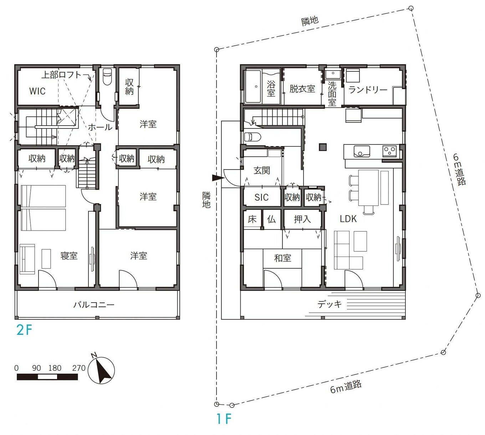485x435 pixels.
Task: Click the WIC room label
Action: (x=37, y=91)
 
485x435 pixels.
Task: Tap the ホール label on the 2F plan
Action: (x=100, y=127)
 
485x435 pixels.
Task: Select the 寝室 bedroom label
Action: (x=69, y=256)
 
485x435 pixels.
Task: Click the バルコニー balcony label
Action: (x=94, y=305)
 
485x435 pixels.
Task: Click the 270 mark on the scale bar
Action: (x=79, y=368)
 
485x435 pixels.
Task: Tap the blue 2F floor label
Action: (x=24, y=330)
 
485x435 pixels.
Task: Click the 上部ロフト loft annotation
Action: (x=62, y=75)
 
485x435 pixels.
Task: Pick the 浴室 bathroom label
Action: (x=271, y=88)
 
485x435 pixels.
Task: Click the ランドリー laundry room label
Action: (x=368, y=90)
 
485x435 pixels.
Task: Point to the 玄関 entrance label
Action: (x=262, y=171)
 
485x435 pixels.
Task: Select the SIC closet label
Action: (x=261, y=197)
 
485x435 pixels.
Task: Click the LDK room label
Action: (x=348, y=219)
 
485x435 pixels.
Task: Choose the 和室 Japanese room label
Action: (x=282, y=258)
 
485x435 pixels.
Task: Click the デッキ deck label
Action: (x=330, y=304)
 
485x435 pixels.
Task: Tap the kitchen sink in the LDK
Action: (x=362, y=151)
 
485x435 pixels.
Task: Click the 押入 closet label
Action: (x=302, y=219)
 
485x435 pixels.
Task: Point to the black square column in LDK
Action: (x=323, y=147)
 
